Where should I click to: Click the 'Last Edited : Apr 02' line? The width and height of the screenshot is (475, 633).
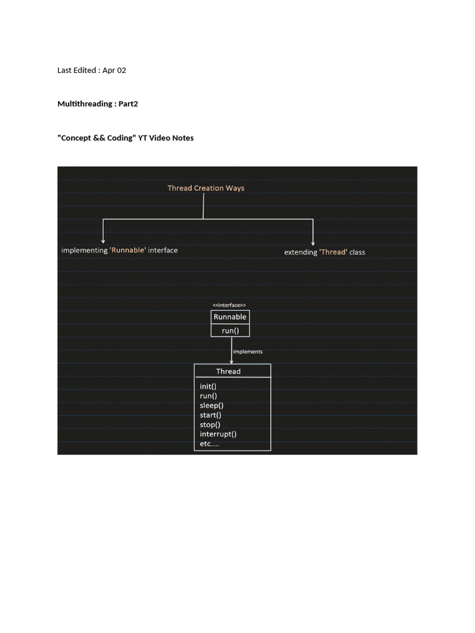pyautogui.click(x=92, y=70)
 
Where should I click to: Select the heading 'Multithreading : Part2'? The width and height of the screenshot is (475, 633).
pyautogui.click(x=98, y=104)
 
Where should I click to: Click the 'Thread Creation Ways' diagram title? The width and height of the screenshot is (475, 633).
pyautogui.click(x=206, y=188)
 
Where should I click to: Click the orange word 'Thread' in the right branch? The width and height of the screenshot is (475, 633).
pyautogui.click(x=333, y=252)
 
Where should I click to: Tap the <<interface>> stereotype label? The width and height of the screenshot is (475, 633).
pyautogui.click(x=229, y=305)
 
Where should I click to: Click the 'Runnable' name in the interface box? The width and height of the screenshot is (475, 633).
pyautogui.click(x=230, y=317)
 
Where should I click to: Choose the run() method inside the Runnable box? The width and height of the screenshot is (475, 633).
pyautogui.click(x=230, y=331)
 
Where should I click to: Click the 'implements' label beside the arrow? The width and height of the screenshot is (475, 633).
pyautogui.click(x=248, y=352)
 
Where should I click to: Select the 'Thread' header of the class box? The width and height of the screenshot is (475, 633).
pyautogui.click(x=228, y=372)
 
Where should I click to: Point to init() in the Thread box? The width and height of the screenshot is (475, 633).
pyautogui.click(x=208, y=386)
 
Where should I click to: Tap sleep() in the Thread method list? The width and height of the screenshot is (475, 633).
pyautogui.click(x=212, y=406)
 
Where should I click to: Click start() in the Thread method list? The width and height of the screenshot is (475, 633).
pyautogui.click(x=210, y=415)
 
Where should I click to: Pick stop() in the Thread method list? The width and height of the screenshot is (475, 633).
pyautogui.click(x=210, y=425)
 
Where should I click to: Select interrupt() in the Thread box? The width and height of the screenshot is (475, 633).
pyautogui.click(x=218, y=434)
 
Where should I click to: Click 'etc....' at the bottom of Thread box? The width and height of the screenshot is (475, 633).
pyautogui.click(x=210, y=444)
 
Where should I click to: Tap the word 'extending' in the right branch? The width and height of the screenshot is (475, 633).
pyautogui.click(x=301, y=252)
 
